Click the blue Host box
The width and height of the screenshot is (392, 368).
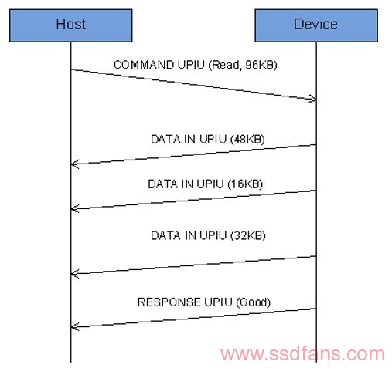(x=71, y=25)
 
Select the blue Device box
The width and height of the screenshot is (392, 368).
(x=316, y=25)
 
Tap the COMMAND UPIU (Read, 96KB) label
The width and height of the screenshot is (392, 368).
(x=196, y=65)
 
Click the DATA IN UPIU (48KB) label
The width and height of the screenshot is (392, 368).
(x=208, y=140)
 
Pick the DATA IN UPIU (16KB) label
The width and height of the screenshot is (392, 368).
(x=206, y=184)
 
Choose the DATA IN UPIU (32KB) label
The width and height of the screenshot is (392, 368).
(x=208, y=235)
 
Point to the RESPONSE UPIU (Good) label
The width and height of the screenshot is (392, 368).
(x=204, y=302)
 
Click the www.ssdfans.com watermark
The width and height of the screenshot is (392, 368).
(x=302, y=354)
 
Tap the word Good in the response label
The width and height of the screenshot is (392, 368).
(x=254, y=302)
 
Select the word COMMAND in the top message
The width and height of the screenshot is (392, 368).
(x=144, y=65)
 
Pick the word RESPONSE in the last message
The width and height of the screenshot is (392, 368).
(x=169, y=302)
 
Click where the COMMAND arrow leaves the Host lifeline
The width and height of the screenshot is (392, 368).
(x=71, y=69)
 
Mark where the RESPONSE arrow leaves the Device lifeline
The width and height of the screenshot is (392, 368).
(x=316, y=309)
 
